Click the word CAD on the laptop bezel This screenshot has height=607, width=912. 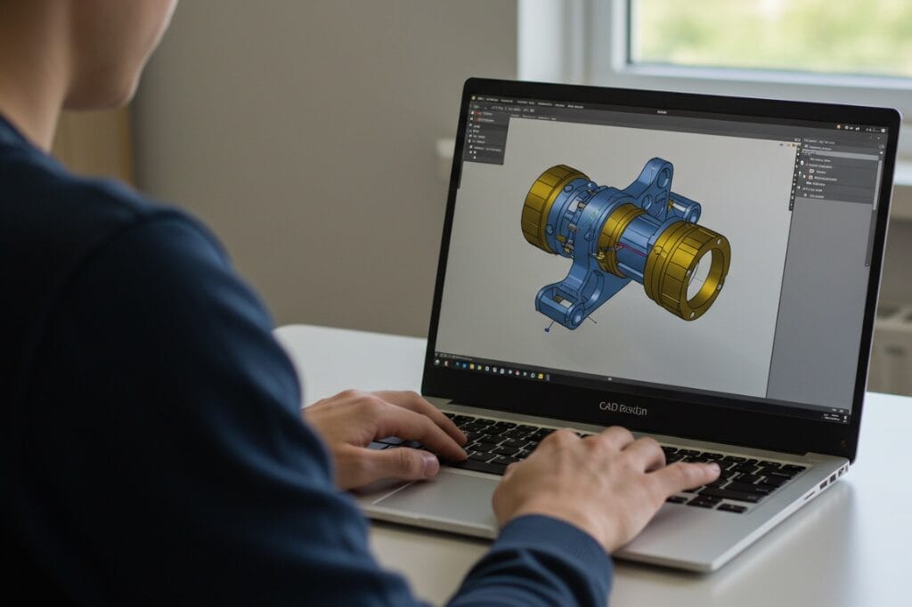point(611,409)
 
